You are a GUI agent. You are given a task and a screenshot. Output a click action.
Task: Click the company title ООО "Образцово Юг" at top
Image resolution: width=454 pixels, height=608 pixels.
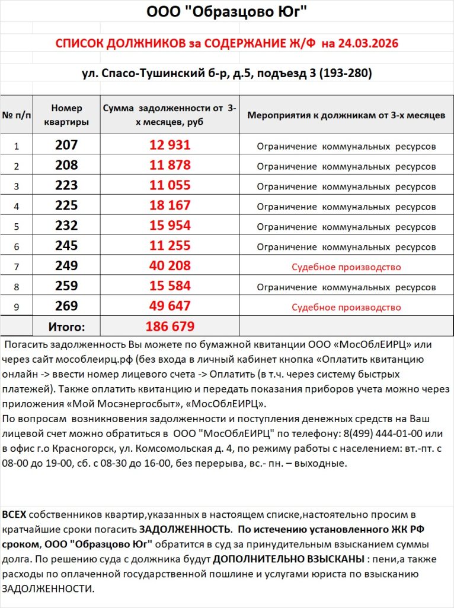pos(226,12)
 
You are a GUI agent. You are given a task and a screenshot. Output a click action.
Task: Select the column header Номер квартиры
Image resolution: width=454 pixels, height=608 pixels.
pos(66,115)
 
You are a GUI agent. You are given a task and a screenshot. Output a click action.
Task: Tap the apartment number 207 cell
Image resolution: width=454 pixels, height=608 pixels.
pos(66,145)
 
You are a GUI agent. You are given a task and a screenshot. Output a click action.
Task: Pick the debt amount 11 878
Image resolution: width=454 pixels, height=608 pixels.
pos(170,165)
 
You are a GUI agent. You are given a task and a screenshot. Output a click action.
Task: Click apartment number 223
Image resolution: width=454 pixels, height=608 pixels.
pos(66,185)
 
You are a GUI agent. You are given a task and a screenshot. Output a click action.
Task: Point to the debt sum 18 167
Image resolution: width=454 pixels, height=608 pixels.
pos(170,205)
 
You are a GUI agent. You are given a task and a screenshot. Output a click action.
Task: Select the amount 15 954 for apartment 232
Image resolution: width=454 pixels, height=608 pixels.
pos(170,226)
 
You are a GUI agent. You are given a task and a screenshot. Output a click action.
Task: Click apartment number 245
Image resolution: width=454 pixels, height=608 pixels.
pos(66,246)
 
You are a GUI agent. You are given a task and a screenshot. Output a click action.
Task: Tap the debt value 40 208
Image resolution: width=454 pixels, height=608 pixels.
pos(170,266)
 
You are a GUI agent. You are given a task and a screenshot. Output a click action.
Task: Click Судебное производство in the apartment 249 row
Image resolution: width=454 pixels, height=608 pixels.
pos(346,267)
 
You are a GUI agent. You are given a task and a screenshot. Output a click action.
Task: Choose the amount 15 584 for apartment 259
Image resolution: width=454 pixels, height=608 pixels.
pos(170,286)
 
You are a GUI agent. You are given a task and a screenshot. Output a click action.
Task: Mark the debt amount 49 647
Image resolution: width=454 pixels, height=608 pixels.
pos(170,306)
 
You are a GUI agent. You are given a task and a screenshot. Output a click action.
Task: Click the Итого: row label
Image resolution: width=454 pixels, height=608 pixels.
pos(66,327)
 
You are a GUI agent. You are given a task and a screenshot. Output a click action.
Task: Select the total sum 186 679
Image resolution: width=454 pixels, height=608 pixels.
pos(170,327)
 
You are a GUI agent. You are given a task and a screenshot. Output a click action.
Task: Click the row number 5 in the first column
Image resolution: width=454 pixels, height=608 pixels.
pos(17,226)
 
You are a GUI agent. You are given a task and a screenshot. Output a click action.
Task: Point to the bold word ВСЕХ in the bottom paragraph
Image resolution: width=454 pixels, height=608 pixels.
pos(14,513)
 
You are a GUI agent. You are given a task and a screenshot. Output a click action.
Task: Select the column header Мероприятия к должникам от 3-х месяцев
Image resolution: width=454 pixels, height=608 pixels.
pos(346,115)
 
